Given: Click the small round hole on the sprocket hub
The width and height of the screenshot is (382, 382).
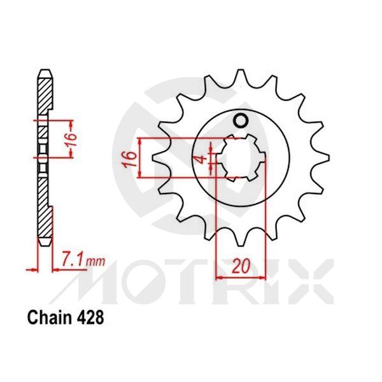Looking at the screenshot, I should pyautogui.click(x=241, y=121).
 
